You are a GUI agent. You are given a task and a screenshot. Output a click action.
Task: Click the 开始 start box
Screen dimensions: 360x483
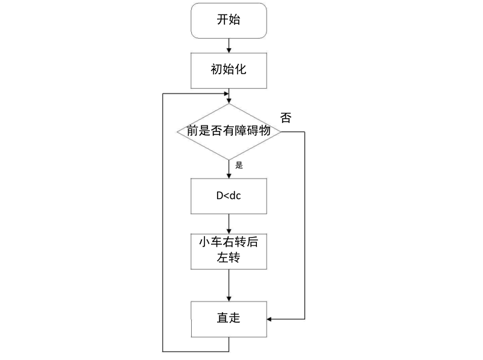click(x=229, y=20)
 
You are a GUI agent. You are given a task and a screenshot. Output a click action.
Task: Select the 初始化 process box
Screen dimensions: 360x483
click(x=229, y=69)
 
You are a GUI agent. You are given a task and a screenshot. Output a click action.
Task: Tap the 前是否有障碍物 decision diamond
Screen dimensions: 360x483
click(x=229, y=131)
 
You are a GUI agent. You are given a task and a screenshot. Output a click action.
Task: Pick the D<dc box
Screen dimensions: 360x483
click(x=229, y=196)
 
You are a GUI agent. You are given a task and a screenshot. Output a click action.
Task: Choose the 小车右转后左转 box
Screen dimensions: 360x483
click(x=229, y=251)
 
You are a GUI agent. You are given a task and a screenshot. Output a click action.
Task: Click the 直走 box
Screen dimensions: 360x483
click(x=229, y=318)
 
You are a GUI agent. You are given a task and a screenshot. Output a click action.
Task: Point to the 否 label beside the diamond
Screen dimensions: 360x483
click(x=286, y=118)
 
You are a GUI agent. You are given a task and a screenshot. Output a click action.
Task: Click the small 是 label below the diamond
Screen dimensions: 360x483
click(x=239, y=165)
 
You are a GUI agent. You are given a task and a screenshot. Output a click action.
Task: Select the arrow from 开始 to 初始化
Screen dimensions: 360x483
click(x=229, y=45)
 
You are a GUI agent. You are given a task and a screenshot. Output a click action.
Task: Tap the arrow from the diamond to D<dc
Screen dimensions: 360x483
click(x=229, y=168)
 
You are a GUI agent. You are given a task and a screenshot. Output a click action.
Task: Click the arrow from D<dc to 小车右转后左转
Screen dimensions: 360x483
click(x=229, y=223)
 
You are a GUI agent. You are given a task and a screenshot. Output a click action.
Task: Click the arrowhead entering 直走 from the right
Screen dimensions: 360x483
click(x=270, y=318)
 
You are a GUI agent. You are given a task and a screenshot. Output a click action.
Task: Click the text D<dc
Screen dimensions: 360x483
click(x=229, y=196)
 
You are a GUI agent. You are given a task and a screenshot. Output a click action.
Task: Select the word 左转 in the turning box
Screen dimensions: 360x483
click(x=229, y=259)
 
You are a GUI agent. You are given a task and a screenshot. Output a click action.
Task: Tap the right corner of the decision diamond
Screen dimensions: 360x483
click(x=282, y=131)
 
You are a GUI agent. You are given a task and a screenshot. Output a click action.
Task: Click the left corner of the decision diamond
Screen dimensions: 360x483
click(x=175, y=131)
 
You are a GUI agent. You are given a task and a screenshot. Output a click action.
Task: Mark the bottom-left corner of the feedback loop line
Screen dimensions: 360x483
click(x=163, y=350)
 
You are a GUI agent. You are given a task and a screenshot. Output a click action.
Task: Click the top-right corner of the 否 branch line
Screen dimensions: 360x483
click(x=305, y=131)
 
